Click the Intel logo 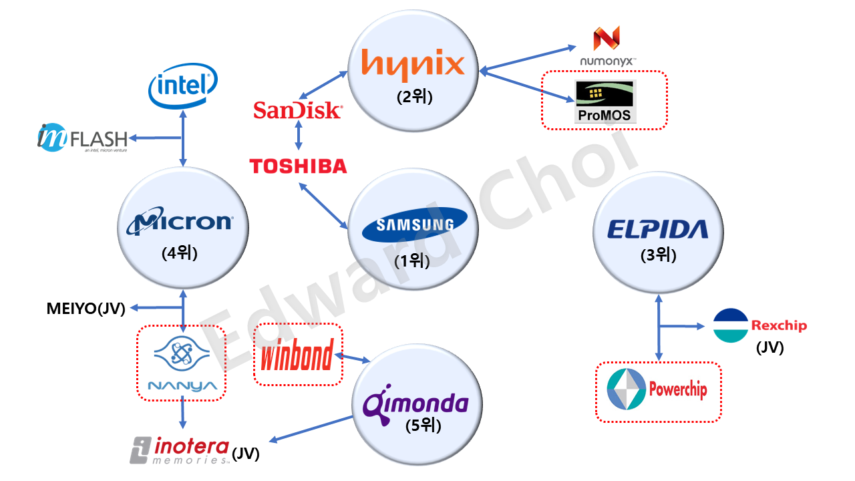pos(183,86)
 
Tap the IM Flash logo pos(82,138)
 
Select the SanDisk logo pos(298,110)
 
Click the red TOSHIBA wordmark pos(298,166)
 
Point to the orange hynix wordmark pos(413,65)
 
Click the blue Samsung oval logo pos(415,224)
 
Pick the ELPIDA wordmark pos(658,229)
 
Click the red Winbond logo pos(297,354)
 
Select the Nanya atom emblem pos(182,353)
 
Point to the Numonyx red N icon pos(607,38)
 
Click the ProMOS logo pos(605,102)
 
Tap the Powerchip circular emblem pos(626,389)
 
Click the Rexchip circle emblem pos(731,325)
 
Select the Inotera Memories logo pos(180,450)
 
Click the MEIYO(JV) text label pos(86,309)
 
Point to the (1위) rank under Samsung pos(412,261)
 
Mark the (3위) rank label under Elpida pos(659,255)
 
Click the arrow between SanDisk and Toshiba pos(299,135)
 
